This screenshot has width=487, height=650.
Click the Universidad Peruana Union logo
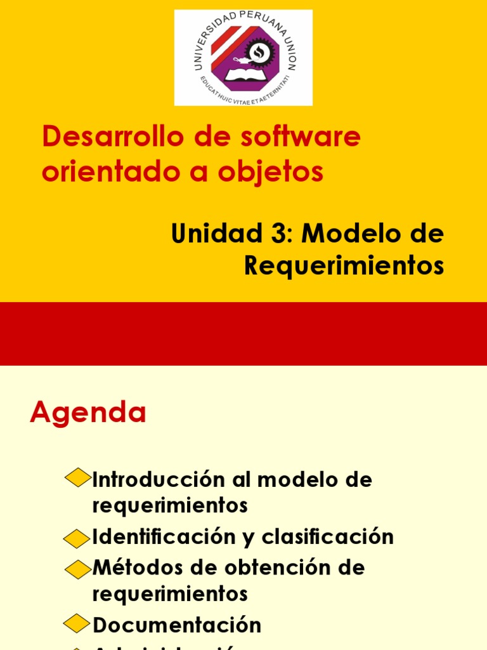point(243,57)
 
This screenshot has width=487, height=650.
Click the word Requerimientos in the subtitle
point(344,266)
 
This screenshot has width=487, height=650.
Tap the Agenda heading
point(88,413)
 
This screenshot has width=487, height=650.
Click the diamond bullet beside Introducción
point(78,477)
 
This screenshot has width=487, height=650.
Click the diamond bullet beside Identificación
point(78,538)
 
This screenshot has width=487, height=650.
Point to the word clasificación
point(327,537)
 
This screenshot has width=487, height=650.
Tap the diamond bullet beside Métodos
point(78,569)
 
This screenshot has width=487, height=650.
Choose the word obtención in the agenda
point(264,567)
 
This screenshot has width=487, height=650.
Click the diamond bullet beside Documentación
point(78,625)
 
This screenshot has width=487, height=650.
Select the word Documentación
point(177,625)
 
